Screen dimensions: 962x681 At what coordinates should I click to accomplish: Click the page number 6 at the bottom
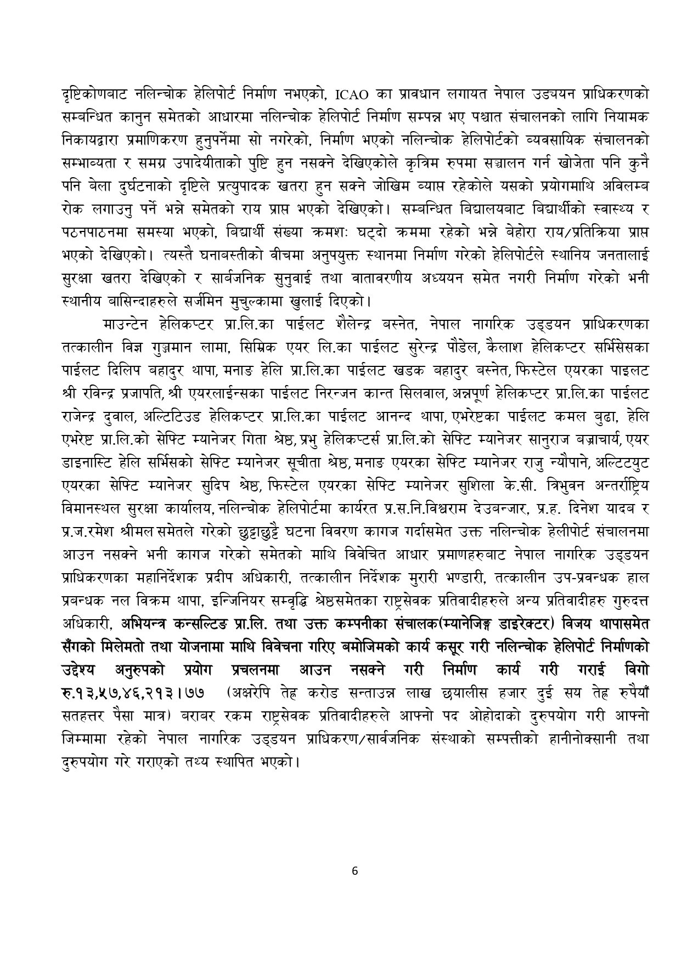[354, 870]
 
